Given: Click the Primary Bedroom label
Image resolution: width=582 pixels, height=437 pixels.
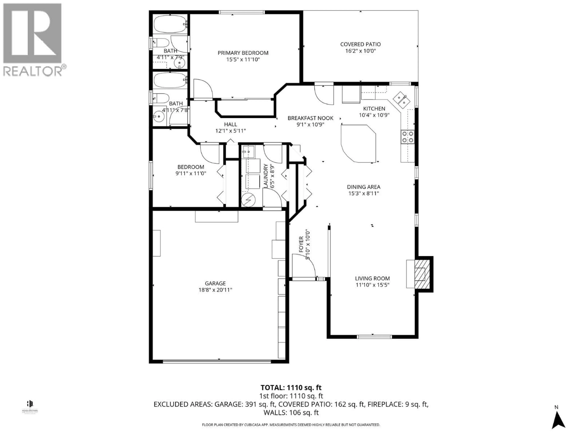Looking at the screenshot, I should coord(243,53).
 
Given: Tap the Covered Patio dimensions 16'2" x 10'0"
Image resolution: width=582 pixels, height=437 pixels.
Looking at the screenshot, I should coord(360,51).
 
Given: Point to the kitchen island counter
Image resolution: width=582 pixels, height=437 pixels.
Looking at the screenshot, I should coord(358,144).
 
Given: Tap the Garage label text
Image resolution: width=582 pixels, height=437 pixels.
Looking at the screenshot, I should coord(215,283).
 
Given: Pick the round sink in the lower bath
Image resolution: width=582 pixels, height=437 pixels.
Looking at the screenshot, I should coord(159,116).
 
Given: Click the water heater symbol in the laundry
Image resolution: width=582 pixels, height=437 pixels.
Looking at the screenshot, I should coord(248,200).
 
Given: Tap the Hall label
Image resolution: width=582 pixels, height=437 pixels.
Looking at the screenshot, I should coord(231,124).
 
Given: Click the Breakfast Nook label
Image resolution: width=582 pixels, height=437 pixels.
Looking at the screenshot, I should coord(310,118).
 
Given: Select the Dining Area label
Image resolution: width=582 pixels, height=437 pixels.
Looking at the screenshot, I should coord(363,187).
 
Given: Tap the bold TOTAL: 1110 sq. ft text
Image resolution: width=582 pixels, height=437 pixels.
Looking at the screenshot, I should coord(291,388).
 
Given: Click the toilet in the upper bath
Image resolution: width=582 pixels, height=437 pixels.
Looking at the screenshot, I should coord(161,43).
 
